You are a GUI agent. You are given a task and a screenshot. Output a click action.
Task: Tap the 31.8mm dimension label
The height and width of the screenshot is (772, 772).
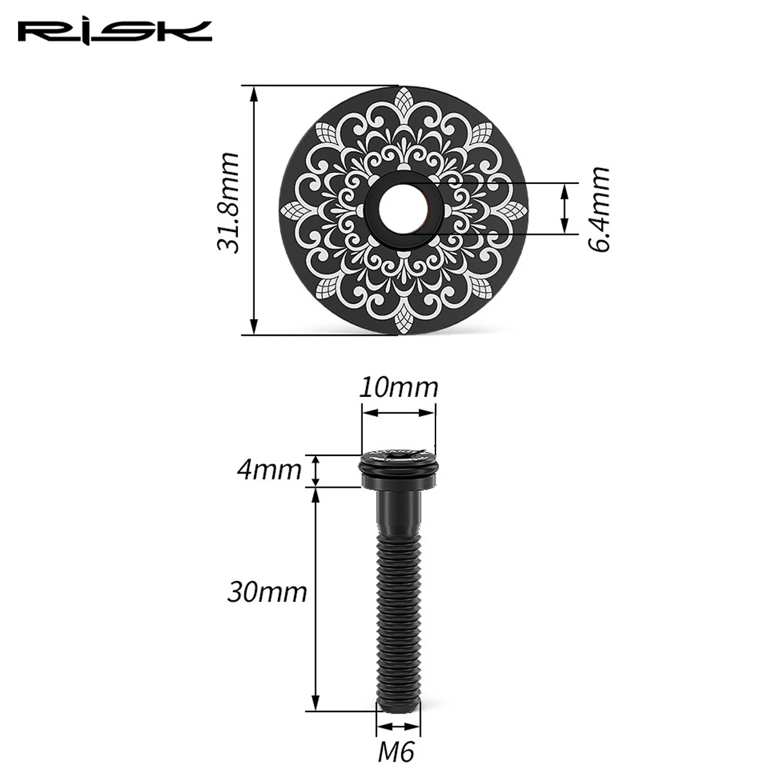(228, 203)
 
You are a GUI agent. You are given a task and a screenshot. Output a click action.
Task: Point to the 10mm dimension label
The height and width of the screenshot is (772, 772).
(398, 388)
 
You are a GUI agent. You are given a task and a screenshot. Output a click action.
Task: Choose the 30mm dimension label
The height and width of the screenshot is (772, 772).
(267, 593)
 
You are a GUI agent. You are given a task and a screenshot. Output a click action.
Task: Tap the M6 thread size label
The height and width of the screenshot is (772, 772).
(396, 751)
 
